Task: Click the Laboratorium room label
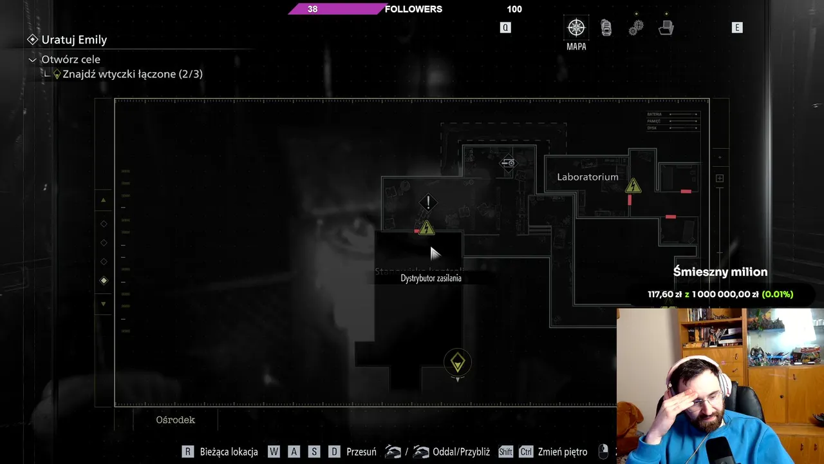point(587,177)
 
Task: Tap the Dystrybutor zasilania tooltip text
point(431,278)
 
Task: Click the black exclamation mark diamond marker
point(428,203)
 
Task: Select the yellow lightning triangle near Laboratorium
point(633,186)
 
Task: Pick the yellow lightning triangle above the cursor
point(426,228)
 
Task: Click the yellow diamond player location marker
point(458,362)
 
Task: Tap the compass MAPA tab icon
point(576,28)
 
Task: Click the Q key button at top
point(505,28)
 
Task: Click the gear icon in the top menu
point(636,28)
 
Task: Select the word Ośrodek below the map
point(175,420)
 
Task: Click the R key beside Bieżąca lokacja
point(187,452)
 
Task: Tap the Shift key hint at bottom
point(505,452)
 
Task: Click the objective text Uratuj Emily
point(74,40)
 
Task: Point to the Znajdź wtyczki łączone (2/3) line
point(133,74)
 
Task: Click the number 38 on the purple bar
point(312,9)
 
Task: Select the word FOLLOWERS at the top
point(413,9)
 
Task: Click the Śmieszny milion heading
point(720,272)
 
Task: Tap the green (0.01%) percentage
point(777,295)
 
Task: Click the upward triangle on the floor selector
point(103,200)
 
